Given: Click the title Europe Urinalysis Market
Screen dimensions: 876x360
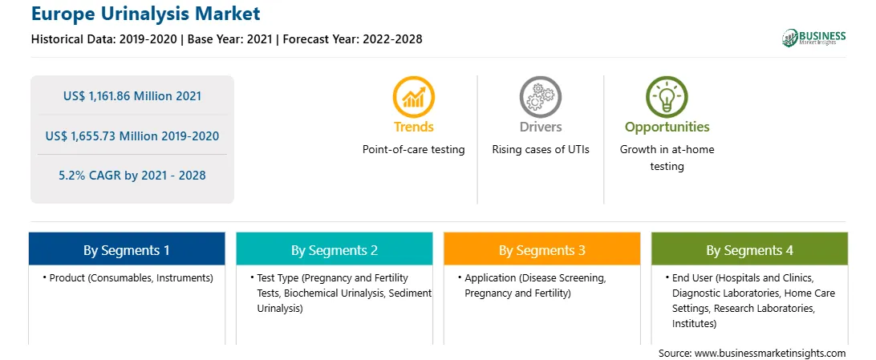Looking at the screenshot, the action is point(146,13).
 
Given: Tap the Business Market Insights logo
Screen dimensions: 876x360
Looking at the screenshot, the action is point(814,38).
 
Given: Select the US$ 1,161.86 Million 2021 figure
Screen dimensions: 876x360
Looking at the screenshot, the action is point(132,96).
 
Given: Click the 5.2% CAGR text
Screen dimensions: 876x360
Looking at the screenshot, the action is point(89,176).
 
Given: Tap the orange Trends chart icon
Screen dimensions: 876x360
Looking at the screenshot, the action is point(413,96).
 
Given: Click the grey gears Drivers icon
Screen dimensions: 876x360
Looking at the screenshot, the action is point(540,96).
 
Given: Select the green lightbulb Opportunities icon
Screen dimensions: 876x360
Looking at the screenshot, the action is point(667,96).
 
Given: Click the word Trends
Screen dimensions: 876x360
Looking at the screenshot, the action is point(413,127).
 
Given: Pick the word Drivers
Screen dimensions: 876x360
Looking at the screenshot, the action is point(540,127).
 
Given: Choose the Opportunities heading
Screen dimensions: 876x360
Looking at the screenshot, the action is point(667,127).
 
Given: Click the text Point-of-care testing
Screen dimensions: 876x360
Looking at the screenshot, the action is point(413,150).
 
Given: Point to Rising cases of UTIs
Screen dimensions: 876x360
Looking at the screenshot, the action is point(540,150).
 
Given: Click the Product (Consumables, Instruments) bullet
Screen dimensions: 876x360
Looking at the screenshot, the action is point(128,278).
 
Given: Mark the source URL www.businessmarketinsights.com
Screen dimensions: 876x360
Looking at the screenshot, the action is point(770,354).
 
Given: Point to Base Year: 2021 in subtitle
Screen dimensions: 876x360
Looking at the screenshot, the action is point(229,39).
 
